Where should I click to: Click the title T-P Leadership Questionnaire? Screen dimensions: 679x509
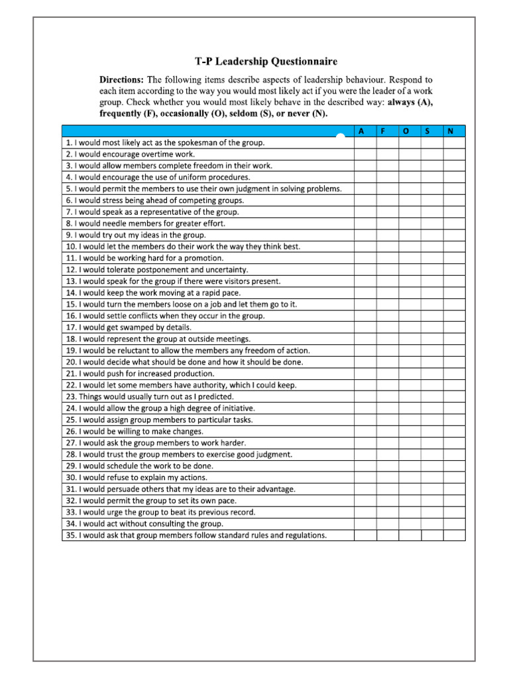(266, 62)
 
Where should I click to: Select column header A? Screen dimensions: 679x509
(361, 131)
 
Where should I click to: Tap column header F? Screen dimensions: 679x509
(384, 131)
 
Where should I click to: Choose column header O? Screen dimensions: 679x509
(406, 131)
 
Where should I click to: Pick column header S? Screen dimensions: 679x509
(428, 131)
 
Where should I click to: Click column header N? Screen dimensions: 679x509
(451, 131)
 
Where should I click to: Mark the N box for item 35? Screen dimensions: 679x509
(454, 535)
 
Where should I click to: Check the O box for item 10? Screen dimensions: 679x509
(409, 247)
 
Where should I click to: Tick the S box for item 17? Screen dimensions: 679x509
(431, 328)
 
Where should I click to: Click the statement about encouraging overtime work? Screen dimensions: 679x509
(130, 154)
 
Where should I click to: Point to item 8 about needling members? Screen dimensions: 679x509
(145, 223)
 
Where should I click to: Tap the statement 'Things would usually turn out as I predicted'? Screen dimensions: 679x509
(149, 397)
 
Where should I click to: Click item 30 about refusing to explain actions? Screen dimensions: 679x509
(145, 477)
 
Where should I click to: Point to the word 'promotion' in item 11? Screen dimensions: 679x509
(203, 258)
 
